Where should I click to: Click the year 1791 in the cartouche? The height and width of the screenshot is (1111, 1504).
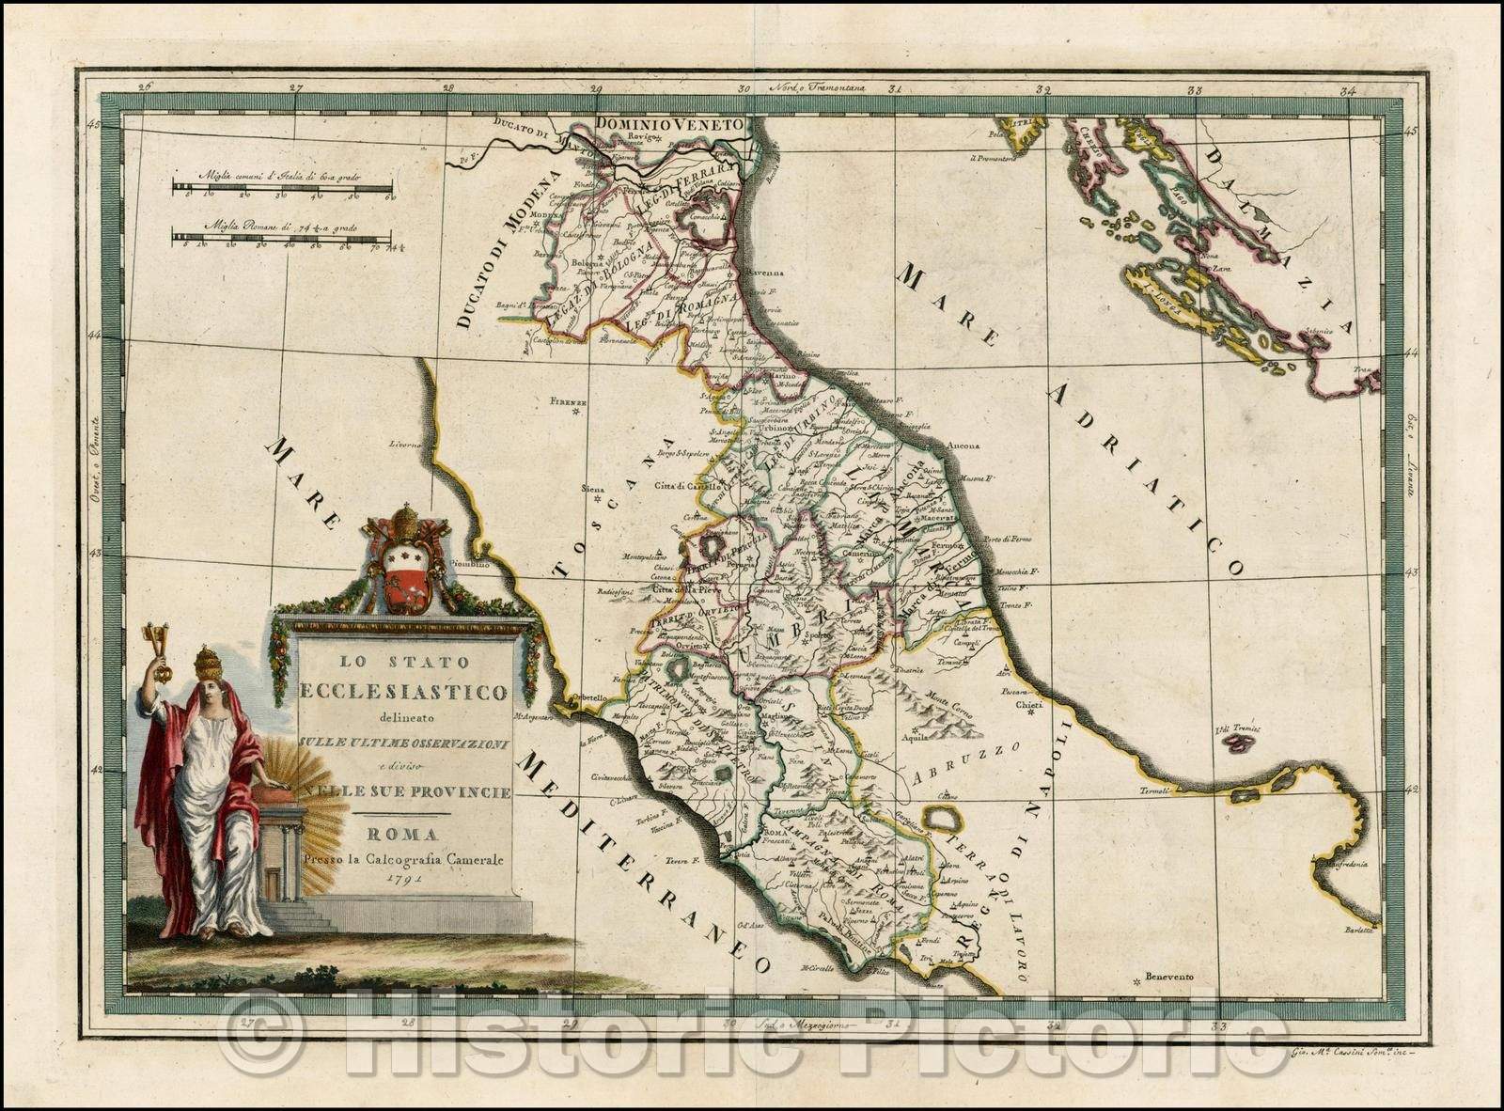tap(404, 878)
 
